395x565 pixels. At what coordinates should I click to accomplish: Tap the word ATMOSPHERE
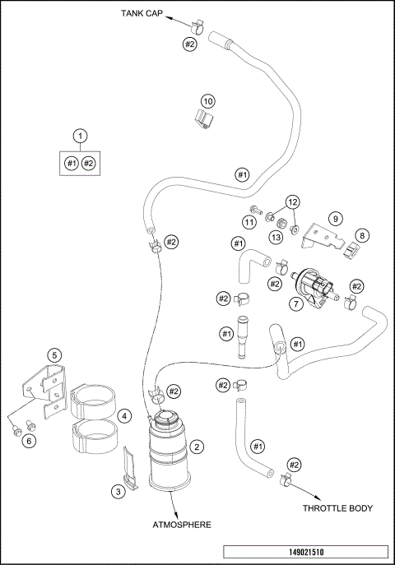click(180, 523)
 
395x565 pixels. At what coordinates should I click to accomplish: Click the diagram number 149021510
click(306, 553)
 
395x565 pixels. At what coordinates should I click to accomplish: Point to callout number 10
click(207, 100)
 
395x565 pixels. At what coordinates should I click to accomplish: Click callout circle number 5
click(54, 355)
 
